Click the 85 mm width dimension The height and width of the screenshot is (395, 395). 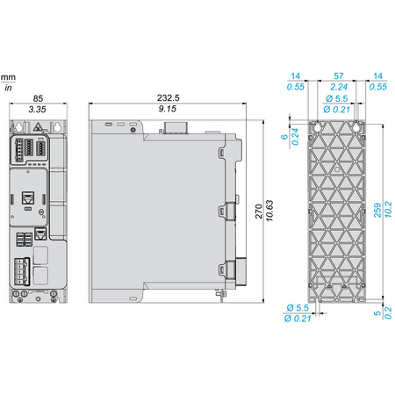38,98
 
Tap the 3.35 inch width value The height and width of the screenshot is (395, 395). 37,110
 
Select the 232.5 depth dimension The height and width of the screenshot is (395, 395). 169,97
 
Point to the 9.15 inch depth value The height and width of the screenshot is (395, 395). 168,109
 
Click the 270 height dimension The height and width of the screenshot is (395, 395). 259,212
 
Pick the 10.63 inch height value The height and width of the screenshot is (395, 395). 269,211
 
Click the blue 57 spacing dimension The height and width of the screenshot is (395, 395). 339,76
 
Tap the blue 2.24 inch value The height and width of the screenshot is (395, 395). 339,87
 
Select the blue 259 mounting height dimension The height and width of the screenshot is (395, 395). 377,210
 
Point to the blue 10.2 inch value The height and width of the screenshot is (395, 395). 388,210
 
